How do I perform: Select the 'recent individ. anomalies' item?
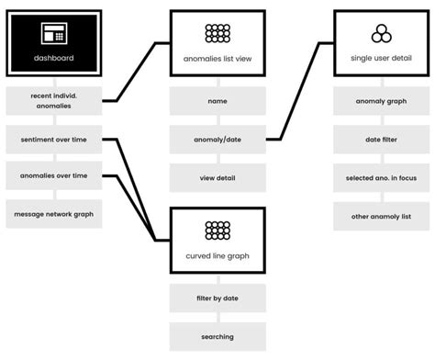click(x=53, y=101)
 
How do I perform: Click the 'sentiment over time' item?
click(x=53, y=141)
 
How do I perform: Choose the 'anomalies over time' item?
click(x=53, y=176)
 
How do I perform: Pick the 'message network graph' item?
click(x=53, y=214)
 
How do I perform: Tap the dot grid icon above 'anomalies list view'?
click(x=217, y=33)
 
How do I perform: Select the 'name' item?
click(x=217, y=101)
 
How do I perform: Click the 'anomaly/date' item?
click(x=217, y=141)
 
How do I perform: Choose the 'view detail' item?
click(x=217, y=176)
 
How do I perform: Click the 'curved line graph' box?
click(x=217, y=240)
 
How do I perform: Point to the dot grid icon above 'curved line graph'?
click(x=217, y=230)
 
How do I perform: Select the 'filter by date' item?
click(x=217, y=298)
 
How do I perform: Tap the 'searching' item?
click(x=217, y=336)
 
